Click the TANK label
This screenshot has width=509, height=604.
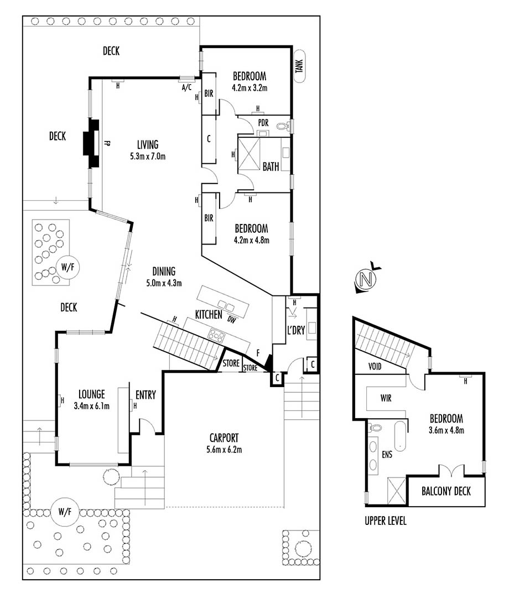[299, 66]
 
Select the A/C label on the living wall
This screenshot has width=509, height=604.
[186, 88]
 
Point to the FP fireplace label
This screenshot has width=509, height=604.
[107, 143]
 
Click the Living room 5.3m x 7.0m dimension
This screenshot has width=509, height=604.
[148, 157]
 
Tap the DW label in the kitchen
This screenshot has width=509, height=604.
[232, 319]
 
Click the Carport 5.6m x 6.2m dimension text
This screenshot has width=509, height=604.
[224, 449]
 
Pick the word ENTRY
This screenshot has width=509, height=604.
[146, 395]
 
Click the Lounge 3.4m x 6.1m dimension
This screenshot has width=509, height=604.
[92, 405]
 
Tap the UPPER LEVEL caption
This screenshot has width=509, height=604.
[385, 521]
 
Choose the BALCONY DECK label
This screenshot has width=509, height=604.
[446, 491]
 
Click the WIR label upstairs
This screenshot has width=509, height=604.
[386, 398]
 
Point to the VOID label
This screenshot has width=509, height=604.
[375, 366]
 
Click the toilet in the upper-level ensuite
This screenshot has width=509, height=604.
[375, 428]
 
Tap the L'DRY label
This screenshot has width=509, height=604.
[296, 330]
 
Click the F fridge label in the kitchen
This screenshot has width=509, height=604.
[258, 353]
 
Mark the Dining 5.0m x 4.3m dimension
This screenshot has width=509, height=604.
[164, 283]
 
